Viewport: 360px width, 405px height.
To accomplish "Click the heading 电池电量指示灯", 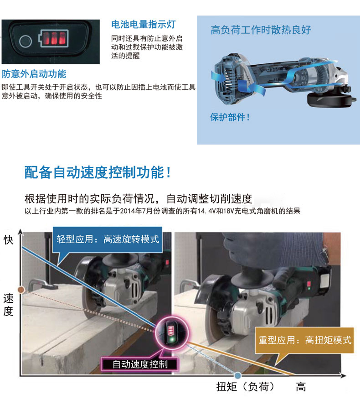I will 143,24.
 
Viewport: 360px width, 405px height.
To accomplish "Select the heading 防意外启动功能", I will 34,74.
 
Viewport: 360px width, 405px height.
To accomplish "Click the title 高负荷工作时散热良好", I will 261,31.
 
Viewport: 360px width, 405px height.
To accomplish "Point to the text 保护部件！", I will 230,117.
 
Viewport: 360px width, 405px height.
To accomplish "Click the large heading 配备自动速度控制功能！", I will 98,172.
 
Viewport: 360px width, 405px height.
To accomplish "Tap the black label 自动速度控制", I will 140,363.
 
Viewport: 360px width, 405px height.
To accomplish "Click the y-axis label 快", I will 9,239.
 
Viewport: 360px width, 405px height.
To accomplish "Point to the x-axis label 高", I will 301,387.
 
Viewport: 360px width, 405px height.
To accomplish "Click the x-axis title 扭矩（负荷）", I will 246,387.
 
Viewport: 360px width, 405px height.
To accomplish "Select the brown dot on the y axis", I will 20,289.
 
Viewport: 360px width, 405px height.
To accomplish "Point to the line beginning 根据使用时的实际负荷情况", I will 139,199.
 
